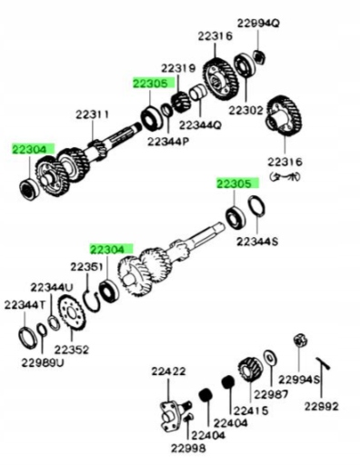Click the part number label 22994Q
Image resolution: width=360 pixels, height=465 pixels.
click(x=258, y=23)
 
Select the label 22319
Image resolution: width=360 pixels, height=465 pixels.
click(x=178, y=68)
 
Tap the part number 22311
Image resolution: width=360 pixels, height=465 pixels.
click(x=92, y=114)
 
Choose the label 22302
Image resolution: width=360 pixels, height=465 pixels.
click(x=245, y=110)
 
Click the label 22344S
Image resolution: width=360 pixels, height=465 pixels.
click(x=257, y=242)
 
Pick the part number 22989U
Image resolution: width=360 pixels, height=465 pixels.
click(x=43, y=362)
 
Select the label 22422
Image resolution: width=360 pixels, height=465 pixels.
click(x=168, y=371)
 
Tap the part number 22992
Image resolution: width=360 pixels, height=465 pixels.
click(x=321, y=406)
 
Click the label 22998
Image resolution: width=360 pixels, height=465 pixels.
click(x=188, y=448)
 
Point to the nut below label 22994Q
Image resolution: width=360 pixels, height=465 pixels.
click(x=259, y=56)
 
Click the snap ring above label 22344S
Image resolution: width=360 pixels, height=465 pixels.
click(x=256, y=206)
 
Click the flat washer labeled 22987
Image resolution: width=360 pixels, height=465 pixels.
click(x=270, y=359)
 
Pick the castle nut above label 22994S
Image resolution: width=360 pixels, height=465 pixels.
click(x=300, y=341)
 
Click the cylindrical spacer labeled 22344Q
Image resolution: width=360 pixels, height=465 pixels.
click(x=198, y=93)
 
